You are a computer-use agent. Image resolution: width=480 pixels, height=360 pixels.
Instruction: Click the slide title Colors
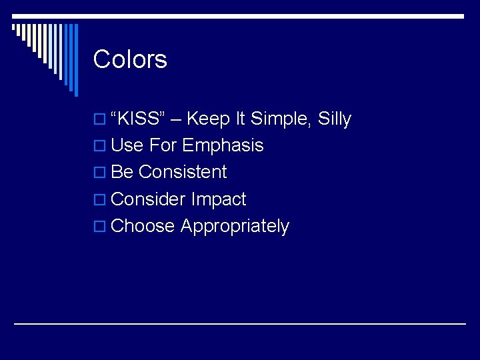click(130, 59)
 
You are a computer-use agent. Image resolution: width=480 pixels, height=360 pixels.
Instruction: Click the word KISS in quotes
click(139, 119)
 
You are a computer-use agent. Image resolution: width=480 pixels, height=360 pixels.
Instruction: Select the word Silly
click(335, 119)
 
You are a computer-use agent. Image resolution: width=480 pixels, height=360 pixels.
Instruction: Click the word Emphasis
click(223, 146)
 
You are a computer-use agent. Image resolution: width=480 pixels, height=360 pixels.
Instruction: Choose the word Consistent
click(183, 173)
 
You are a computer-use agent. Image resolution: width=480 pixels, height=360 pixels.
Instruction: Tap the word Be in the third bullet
click(122, 173)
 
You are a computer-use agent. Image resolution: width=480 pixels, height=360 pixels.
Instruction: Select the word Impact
click(219, 200)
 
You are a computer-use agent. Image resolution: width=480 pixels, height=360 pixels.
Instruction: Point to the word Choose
click(143, 226)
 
